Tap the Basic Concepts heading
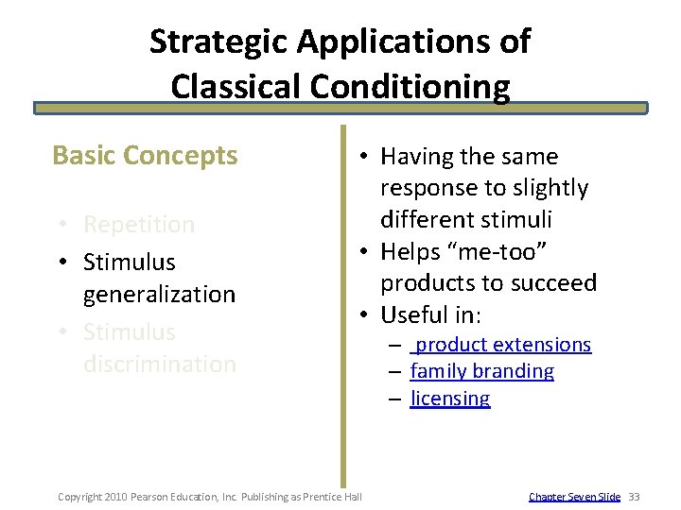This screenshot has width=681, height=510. click(145, 155)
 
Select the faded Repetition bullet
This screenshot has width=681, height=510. click(138, 225)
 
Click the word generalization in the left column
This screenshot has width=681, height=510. click(159, 294)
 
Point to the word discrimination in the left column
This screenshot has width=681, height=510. click(159, 364)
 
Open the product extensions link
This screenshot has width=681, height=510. click(502, 345)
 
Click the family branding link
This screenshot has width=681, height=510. click(482, 371)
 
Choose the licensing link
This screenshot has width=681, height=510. click(450, 398)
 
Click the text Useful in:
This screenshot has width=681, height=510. click(430, 314)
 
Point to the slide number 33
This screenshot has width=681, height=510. click(634, 497)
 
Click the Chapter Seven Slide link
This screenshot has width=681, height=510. click(574, 497)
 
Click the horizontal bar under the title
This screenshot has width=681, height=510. click(340, 109)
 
